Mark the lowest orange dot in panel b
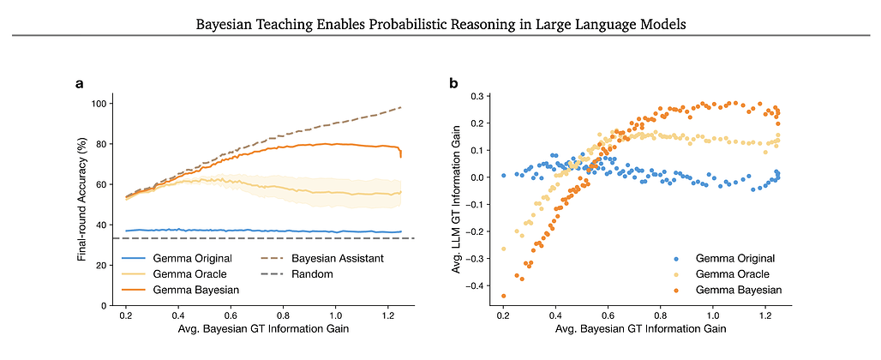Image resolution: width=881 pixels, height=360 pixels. tap(503, 296)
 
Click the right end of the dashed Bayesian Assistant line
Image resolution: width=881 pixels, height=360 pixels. tap(401, 107)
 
